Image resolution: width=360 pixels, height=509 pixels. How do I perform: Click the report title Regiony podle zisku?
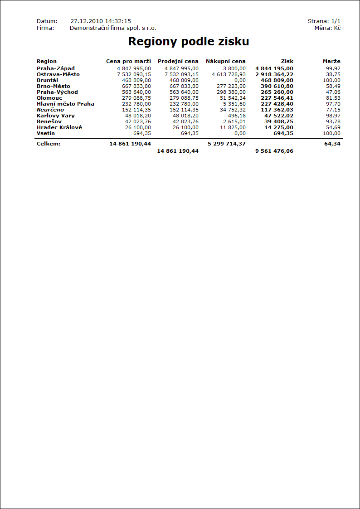click(x=189, y=42)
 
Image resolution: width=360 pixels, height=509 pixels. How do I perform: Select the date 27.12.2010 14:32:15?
click(x=101, y=21)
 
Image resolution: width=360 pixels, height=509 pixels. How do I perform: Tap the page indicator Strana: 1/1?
click(x=324, y=21)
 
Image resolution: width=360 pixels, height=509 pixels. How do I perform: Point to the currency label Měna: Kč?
click(x=327, y=28)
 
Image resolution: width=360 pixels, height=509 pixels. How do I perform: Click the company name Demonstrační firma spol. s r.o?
click(x=113, y=28)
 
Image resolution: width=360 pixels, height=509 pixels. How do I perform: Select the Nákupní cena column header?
click(x=226, y=61)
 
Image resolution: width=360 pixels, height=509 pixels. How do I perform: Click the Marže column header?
click(x=331, y=61)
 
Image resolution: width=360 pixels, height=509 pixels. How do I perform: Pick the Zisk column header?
click(x=287, y=61)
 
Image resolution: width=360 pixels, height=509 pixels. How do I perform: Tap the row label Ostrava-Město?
click(x=58, y=74)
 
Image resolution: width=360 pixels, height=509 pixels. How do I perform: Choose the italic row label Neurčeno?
click(x=50, y=110)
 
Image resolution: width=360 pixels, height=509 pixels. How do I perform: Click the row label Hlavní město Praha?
click(x=65, y=104)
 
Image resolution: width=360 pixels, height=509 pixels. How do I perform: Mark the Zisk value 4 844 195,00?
click(x=274, y=68)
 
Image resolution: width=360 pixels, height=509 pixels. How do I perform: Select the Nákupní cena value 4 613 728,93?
click(x=229, y=74)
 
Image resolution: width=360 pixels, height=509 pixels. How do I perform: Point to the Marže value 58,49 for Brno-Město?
click(x=333, y=86)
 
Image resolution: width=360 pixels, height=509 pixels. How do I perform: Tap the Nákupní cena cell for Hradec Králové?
click(x=233, y=127)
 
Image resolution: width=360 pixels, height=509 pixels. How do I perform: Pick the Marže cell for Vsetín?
click(x=331, y=133)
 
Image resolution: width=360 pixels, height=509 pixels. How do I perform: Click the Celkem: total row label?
click(x=49, y=144)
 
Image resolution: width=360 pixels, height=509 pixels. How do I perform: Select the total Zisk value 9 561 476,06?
click(x=274, y=151)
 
